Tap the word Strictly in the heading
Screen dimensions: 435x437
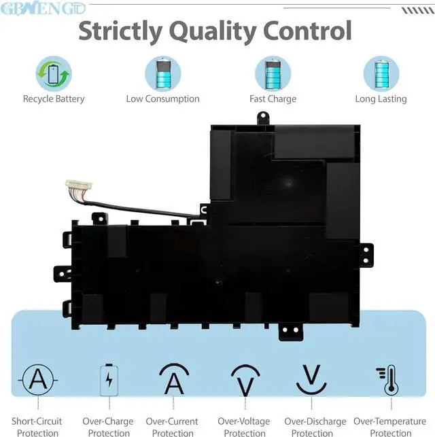coord(119,31)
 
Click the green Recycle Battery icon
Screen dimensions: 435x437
coord(54,73)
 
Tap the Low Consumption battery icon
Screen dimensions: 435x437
coord(163,73)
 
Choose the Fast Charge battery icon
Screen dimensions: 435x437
coord(273,73)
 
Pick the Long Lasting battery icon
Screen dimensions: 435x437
coord(381,73)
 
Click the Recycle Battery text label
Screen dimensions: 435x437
coord(54,99)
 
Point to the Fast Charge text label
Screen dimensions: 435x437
coord(273,99)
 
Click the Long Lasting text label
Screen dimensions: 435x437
coord(381,99)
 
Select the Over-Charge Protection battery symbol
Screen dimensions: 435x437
coord(108,380)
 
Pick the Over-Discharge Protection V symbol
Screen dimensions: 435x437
coord(312,379)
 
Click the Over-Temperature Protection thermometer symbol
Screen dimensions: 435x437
coord(389,380)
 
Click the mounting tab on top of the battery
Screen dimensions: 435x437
coord(262,118)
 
